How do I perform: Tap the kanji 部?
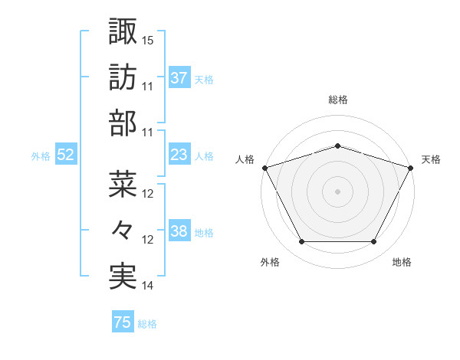(x=123, y=123)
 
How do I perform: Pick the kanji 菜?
(x=123, y=183)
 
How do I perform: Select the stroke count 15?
(x=148, y=40)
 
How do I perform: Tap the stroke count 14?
(x=148, y=286)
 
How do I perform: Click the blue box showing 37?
(x=179, y=78)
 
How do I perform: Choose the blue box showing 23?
(x=179, y=155)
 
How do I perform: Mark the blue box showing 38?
(x=179, y=232)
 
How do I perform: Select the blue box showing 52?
(x=66, y=155)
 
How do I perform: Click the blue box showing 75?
(x=123, y=323)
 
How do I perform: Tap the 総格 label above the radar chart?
(x=338, y=100)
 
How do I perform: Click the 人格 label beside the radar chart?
(x=245, y=159)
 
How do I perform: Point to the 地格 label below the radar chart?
(x=402, y=263)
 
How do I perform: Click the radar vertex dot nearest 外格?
(x=302, y=242)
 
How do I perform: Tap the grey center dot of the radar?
(x=337, y=191)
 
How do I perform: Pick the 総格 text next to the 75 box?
(x=147, y=324)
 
